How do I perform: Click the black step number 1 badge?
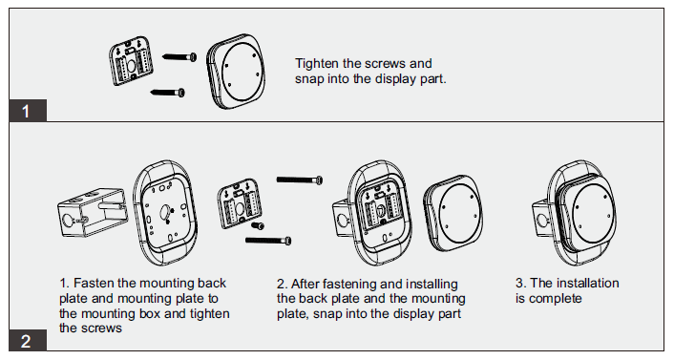tap(28, 111)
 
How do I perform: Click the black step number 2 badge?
tap(28, 340)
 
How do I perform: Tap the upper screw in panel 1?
tap(179, 56)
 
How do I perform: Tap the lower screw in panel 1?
tap(168, 92)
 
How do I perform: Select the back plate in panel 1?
tap(131, 61)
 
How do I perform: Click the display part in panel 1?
tap(236, 71)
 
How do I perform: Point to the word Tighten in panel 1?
tap(317, 64)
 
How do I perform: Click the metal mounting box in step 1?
tap(93, 212)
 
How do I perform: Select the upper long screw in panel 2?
tap(300, 180)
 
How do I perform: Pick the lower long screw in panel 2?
tap(268, 241)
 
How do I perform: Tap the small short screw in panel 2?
tap(258, 225)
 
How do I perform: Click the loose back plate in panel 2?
tap(240, 203)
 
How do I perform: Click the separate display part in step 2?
tap(453, 213)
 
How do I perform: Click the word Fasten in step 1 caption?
tap(94, 283)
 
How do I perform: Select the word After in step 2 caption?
tap(305, 284)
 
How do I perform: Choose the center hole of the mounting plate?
tap(165, 211)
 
